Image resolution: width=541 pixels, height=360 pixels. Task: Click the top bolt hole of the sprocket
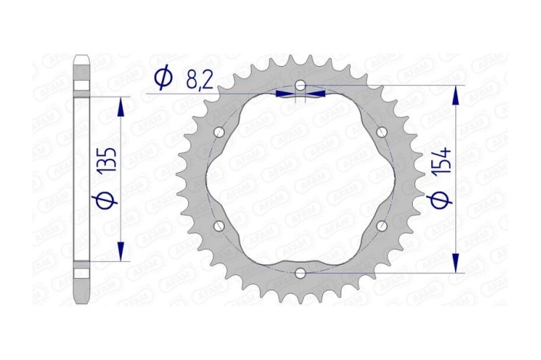pyautogui.click(x=301, y=84)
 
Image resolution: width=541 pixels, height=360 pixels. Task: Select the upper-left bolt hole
pyautogui.click(x=220, y=131)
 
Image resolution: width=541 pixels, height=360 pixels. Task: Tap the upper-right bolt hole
pyautogui.click(x=381, y=131)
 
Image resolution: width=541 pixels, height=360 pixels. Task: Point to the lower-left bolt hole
pyautogui.click(x=220, y=225)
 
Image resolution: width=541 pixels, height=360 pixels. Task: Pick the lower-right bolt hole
pyautogui.click(x=381, y=225)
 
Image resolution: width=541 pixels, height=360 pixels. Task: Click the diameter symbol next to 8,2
pyautogui.click(x=162, y=78)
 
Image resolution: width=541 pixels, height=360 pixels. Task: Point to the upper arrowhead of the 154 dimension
pyautogui.click(x=456, y=94)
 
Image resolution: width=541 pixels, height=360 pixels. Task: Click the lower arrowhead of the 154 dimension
pyautogui.click(x=456, y=263)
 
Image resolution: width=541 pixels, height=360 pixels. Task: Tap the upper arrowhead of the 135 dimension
pyautogui.click(x=120, y=107)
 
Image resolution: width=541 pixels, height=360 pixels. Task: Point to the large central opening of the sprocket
pyautogui.click(x=301, y=178)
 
